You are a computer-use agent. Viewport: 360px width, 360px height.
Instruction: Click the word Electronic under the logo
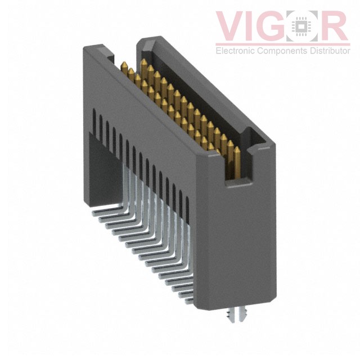click(237, 51)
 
